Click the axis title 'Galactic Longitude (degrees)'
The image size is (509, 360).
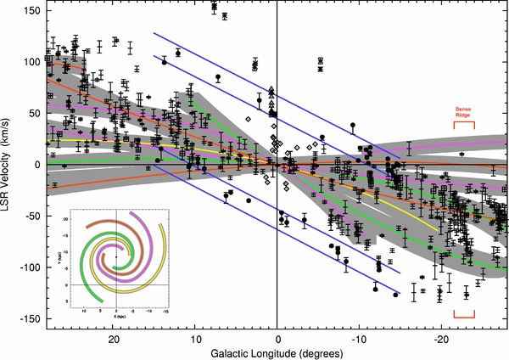pos(277,352)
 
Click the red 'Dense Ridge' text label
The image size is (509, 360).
pos(463,113)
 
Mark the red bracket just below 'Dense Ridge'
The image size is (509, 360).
pos(463,125)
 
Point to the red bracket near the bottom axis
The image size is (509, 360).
pos(463,315)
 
